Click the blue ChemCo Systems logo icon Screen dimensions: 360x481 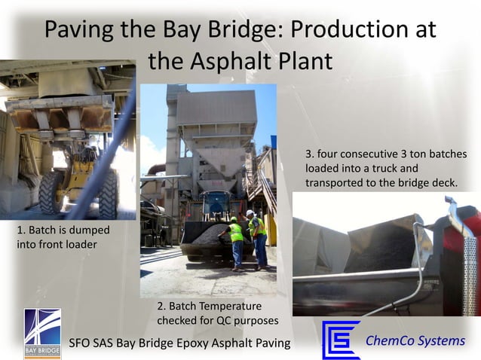tap(341, 340)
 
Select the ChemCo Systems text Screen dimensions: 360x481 tap(415, 340)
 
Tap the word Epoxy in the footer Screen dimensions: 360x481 tap(205, 343)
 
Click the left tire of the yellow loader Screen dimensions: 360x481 tap(51, 193)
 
